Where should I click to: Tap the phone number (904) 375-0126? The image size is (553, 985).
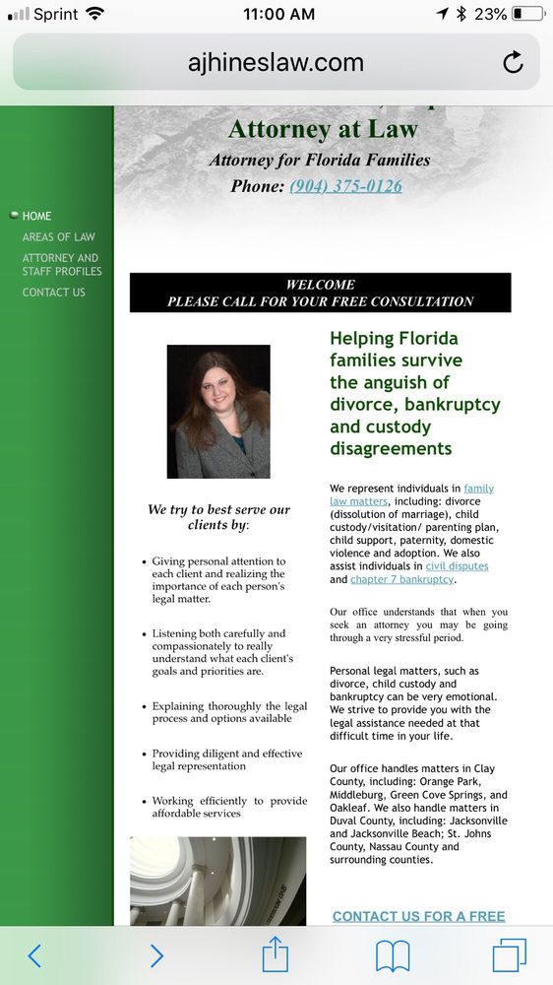click(345, 186)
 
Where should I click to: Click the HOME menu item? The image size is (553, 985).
click(37, 216)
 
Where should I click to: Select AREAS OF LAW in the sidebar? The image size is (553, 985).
click(59, 237)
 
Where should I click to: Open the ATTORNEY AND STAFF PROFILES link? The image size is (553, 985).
click(62, 265)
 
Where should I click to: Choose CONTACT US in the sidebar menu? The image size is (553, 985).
click(54, 293)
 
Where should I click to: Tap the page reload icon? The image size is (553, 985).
click(513, 63)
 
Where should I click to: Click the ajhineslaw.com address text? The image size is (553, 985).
click(276, 63)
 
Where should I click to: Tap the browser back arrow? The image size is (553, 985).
click(35, 954)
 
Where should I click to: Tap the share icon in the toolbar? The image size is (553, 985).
click(276, 953)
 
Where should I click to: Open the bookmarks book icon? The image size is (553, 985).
click(392, 954)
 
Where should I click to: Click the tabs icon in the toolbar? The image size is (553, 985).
click(509, 954)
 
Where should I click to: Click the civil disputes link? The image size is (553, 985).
click(457, 566)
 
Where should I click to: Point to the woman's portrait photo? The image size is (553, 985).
click(218, 412)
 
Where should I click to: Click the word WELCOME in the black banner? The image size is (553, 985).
click(320, 285)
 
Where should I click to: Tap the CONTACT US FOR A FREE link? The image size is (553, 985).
click(418, 916)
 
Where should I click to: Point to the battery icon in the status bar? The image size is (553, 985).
click(528, 14)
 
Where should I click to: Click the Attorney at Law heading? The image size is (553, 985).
click(323, 129)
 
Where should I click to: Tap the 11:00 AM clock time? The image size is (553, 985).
click(278, 14)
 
